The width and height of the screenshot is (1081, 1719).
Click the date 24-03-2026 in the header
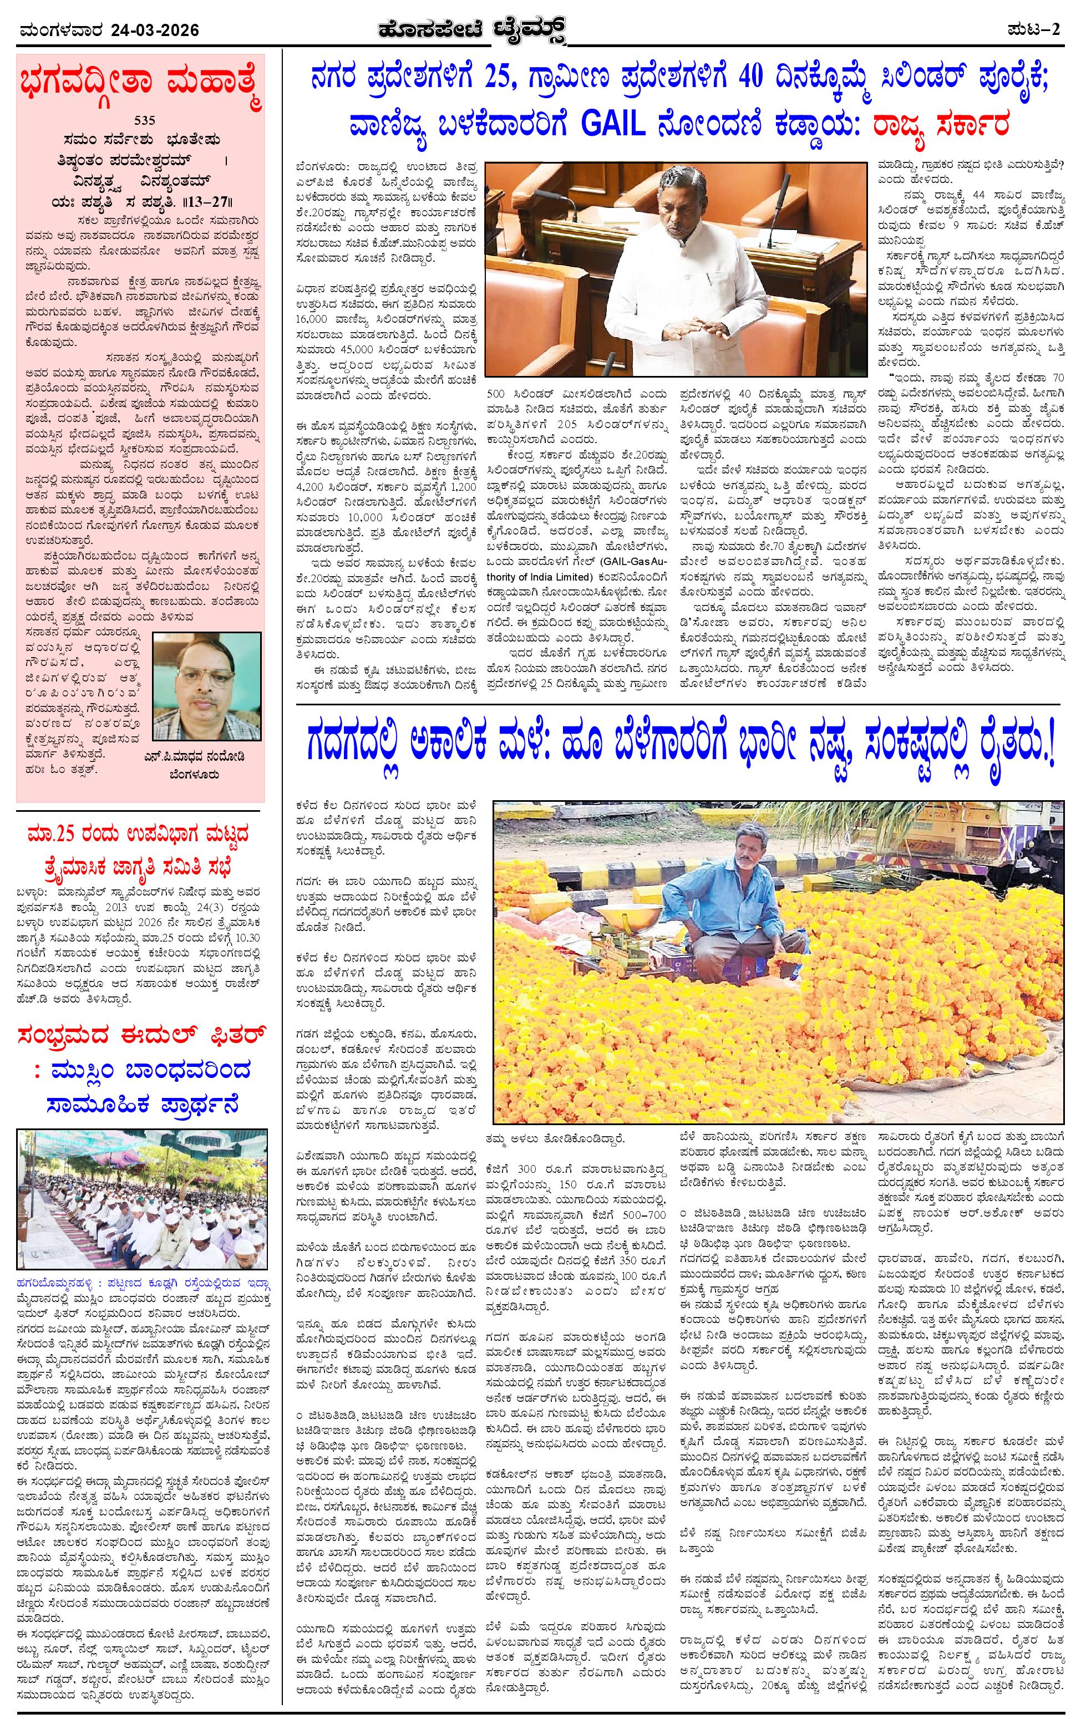[154, 30]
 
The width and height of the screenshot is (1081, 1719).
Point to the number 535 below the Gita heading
[141, 121]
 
